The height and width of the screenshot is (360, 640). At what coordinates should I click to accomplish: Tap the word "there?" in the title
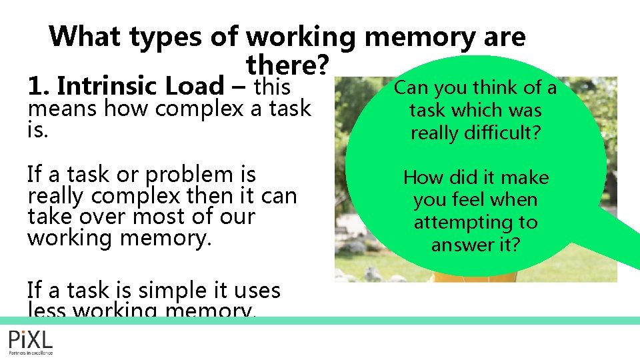288,65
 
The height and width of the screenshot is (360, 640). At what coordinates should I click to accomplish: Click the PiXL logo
31,341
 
